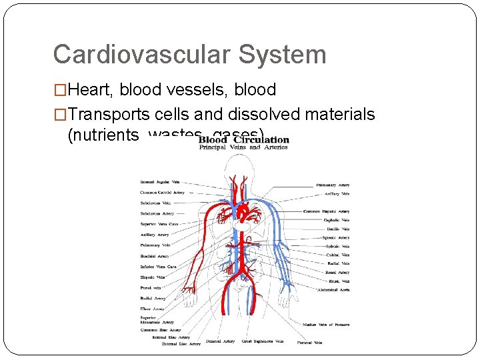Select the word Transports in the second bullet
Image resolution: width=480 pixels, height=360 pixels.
(x=111, y=114)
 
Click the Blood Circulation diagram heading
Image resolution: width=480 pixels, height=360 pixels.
(x=244, y=140)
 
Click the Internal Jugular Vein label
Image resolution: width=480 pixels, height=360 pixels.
(x=160, y=181)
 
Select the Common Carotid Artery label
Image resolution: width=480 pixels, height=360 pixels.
(x=162, y=192)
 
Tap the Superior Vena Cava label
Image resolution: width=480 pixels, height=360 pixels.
(x=159, y=224)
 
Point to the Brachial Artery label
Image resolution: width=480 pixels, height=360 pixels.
(x=154, y=256)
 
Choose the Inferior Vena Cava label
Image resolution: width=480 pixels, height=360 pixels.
(x=159, y=267)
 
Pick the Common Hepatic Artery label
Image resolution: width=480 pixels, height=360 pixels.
(x=326, y=211)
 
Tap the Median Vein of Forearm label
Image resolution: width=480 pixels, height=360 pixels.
(x=326, y=325)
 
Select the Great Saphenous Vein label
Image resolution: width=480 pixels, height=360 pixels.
(x=263, y=341)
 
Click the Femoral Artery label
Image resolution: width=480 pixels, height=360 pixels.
(x=220, y=341)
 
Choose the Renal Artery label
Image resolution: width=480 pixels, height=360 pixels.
(x=337, y=272)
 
